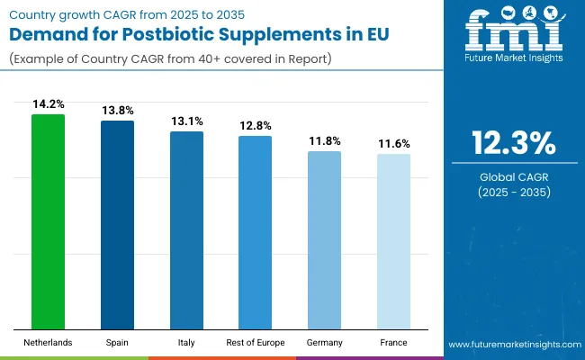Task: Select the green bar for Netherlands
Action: [x=49, y=221]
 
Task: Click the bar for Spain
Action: [x=117, y=225]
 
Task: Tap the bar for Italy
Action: [x=186, y=230]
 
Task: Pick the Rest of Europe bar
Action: [x=255, y=232]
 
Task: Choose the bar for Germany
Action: [x=324, y=240]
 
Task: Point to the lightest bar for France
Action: [x=393, y=241]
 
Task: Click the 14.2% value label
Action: [x=49, y=103]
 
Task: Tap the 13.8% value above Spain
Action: [x=117, y=110]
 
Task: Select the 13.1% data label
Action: [x=186, y=121]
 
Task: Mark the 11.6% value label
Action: [x=393, y=143]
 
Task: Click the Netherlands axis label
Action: [x=49, y=343]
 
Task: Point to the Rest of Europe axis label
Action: [x=255, y=343]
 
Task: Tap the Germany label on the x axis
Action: [x=324, y=343]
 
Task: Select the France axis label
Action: [x=393, y=343]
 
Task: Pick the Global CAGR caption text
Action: [x=513, y=176]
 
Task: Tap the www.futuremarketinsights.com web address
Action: [x=512, y=345]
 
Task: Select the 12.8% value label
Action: [x=255, y=125]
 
